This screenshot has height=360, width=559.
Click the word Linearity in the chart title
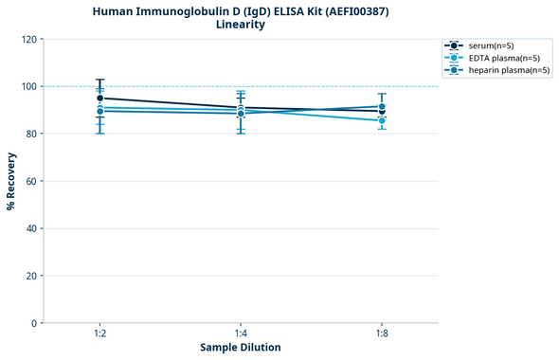coord(241,25)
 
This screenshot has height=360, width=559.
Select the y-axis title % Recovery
coord(11,181)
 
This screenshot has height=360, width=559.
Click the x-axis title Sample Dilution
coord(241,348)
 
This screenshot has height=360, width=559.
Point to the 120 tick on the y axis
coord(28,39)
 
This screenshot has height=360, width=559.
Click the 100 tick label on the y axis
coord(28,86)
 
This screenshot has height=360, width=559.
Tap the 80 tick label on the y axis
coord(31,134)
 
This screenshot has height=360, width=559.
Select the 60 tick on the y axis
coord(31,181)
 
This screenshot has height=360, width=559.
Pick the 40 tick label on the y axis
coord(31,228)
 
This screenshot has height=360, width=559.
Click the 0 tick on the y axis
coord(34,323)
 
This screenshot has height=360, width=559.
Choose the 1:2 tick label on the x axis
coord(99,333)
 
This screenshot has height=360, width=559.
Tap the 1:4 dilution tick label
coord(241,333)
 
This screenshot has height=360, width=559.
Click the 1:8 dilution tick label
coord(382,333)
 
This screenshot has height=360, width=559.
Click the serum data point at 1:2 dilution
coord(99,98)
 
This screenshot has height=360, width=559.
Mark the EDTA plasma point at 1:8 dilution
coord(382,120)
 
